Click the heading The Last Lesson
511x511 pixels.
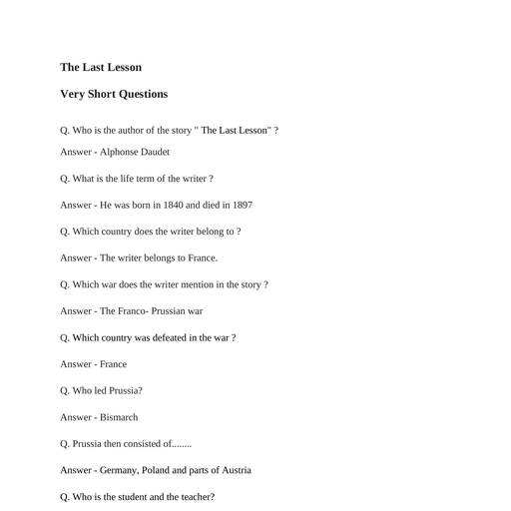click(x=101, y=68)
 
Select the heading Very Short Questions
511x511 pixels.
click(x=114, y=95)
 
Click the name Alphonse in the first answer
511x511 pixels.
click(x=121, y=152)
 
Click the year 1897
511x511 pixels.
click(x=240, y=205)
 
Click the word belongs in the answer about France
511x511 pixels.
click(x=153, y=257)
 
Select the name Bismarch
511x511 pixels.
click(x=119, y=417)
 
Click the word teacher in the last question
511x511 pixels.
click(x=198, y=497)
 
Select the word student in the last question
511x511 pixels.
click(x=134, y=497)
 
